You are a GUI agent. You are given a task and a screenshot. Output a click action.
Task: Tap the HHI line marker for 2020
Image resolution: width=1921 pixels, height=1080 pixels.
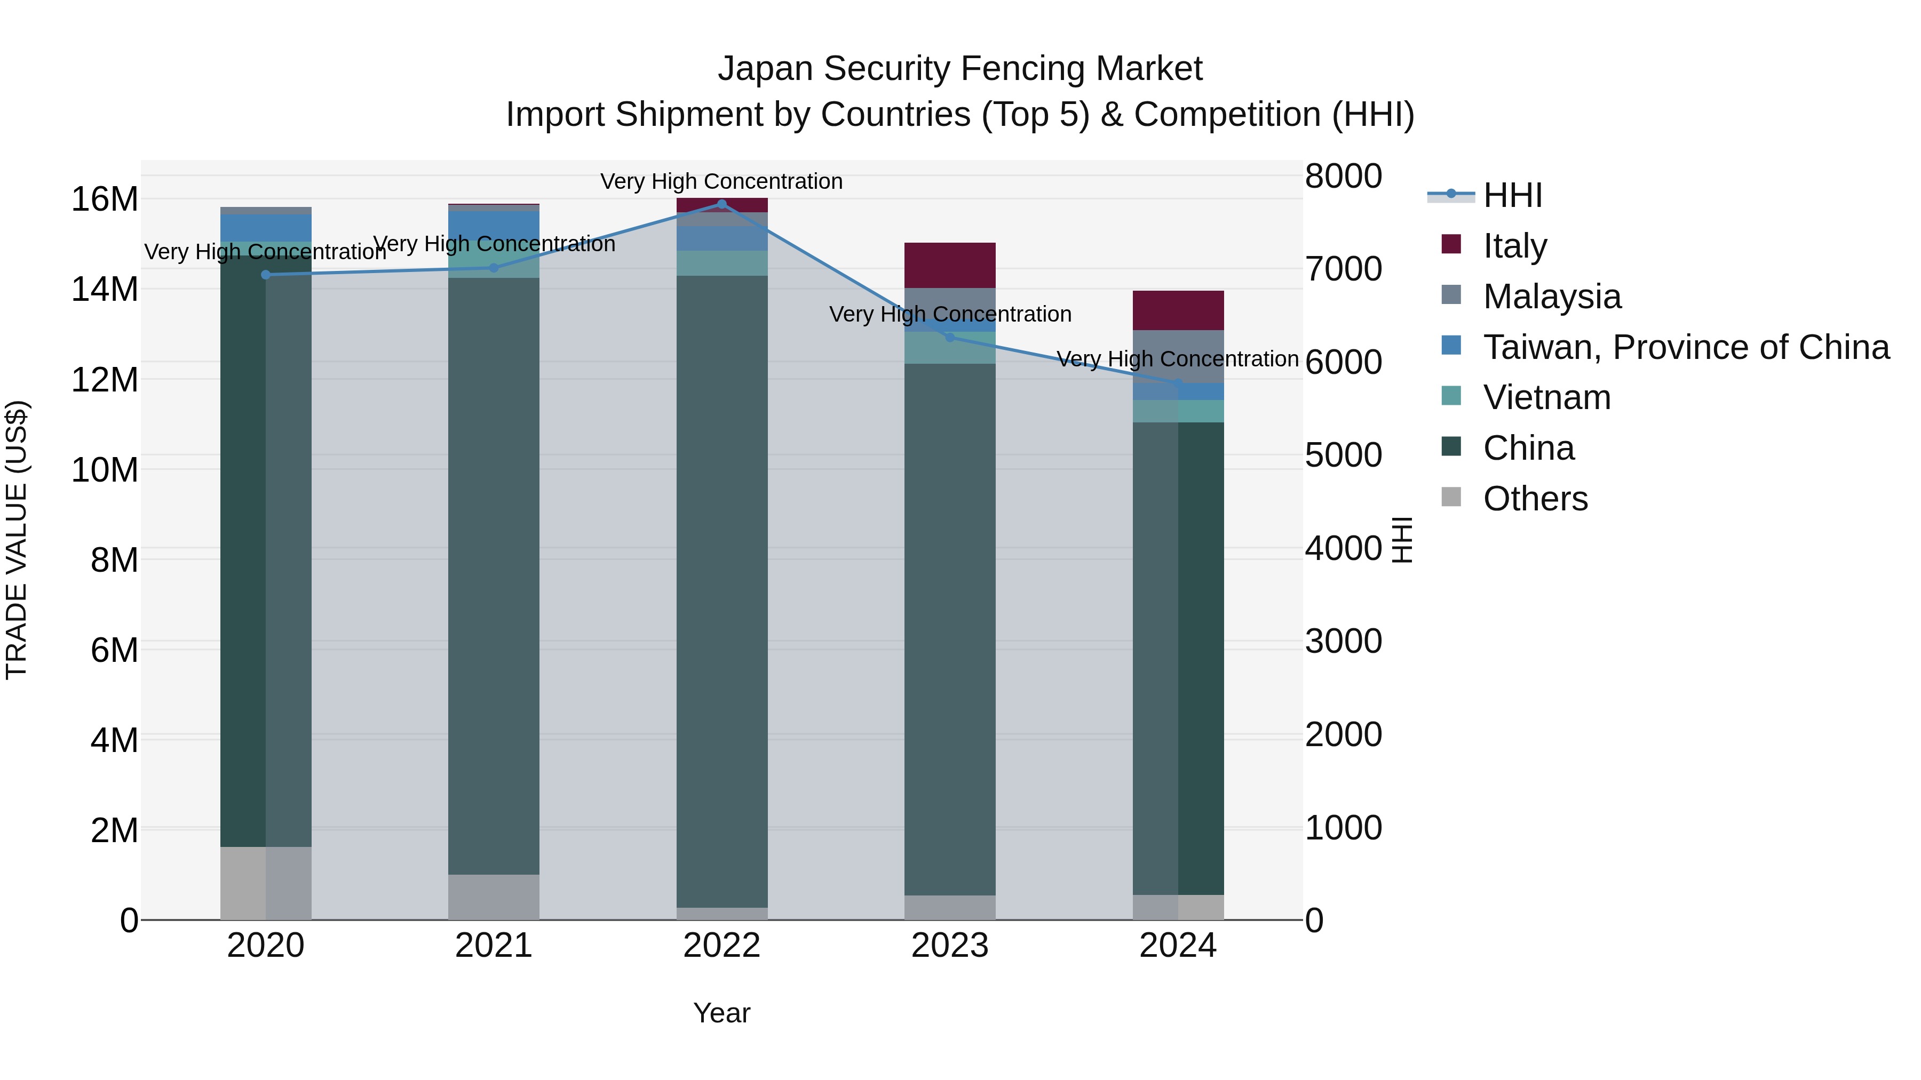(266, 274)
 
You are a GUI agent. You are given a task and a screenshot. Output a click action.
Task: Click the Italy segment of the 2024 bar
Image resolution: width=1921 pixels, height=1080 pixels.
(1178, 310)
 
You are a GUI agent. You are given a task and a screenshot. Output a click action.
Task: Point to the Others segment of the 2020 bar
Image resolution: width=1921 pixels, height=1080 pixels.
(266, 883)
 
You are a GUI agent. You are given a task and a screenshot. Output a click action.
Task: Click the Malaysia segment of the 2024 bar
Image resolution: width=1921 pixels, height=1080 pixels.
(1178, 356)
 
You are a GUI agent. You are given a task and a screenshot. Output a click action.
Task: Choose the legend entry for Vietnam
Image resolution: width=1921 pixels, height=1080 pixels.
(1546, 397)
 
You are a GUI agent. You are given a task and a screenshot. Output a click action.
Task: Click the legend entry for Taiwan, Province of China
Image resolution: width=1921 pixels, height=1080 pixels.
(1685, 347)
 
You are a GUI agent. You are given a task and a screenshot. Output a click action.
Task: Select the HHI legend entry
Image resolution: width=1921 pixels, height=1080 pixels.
(1512, 195)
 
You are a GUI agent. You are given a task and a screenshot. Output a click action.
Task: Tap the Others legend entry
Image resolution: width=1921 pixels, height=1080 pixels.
(1535, 499)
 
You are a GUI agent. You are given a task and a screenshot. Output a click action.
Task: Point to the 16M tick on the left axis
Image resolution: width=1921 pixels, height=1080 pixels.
(105, 199)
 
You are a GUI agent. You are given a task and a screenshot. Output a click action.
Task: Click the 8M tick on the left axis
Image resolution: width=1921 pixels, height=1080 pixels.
(114, 560)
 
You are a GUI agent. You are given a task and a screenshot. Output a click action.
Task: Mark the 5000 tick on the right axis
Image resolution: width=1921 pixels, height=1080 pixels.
(1343, 454)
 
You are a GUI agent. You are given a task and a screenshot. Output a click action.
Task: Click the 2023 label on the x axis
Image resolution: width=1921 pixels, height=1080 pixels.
(949, 946)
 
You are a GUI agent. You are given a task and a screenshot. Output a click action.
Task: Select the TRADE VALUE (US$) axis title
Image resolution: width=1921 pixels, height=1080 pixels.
(17, 540)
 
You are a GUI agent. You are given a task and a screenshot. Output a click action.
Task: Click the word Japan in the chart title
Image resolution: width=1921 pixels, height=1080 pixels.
(765, 69)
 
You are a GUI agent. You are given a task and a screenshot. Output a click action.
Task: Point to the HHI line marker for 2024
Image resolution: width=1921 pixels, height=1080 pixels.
(1178, 383)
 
